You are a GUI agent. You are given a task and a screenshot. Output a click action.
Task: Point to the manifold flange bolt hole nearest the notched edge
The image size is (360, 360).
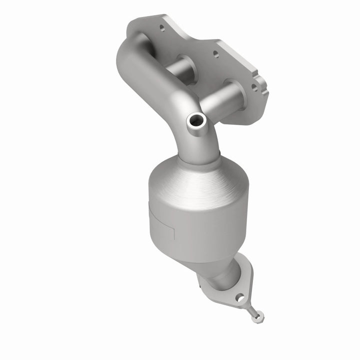[x=254, y=86]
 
